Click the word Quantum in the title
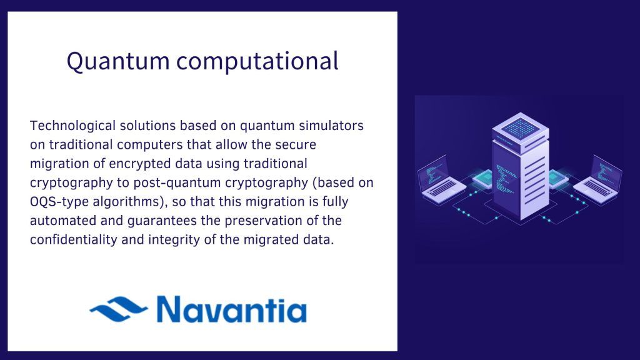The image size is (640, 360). [x=118, y=62]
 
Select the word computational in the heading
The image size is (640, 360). [x=257, y=61]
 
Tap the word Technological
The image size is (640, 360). [x=72, y=126]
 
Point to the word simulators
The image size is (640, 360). [x=331, y=126]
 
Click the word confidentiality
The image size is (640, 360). [x=74, y=239]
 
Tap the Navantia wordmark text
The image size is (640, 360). [x=231, y=309]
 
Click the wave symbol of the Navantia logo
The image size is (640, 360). [x=119, y=309]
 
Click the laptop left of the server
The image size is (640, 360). [x=441, y=180]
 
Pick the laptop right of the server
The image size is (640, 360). [x=599, y=180]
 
